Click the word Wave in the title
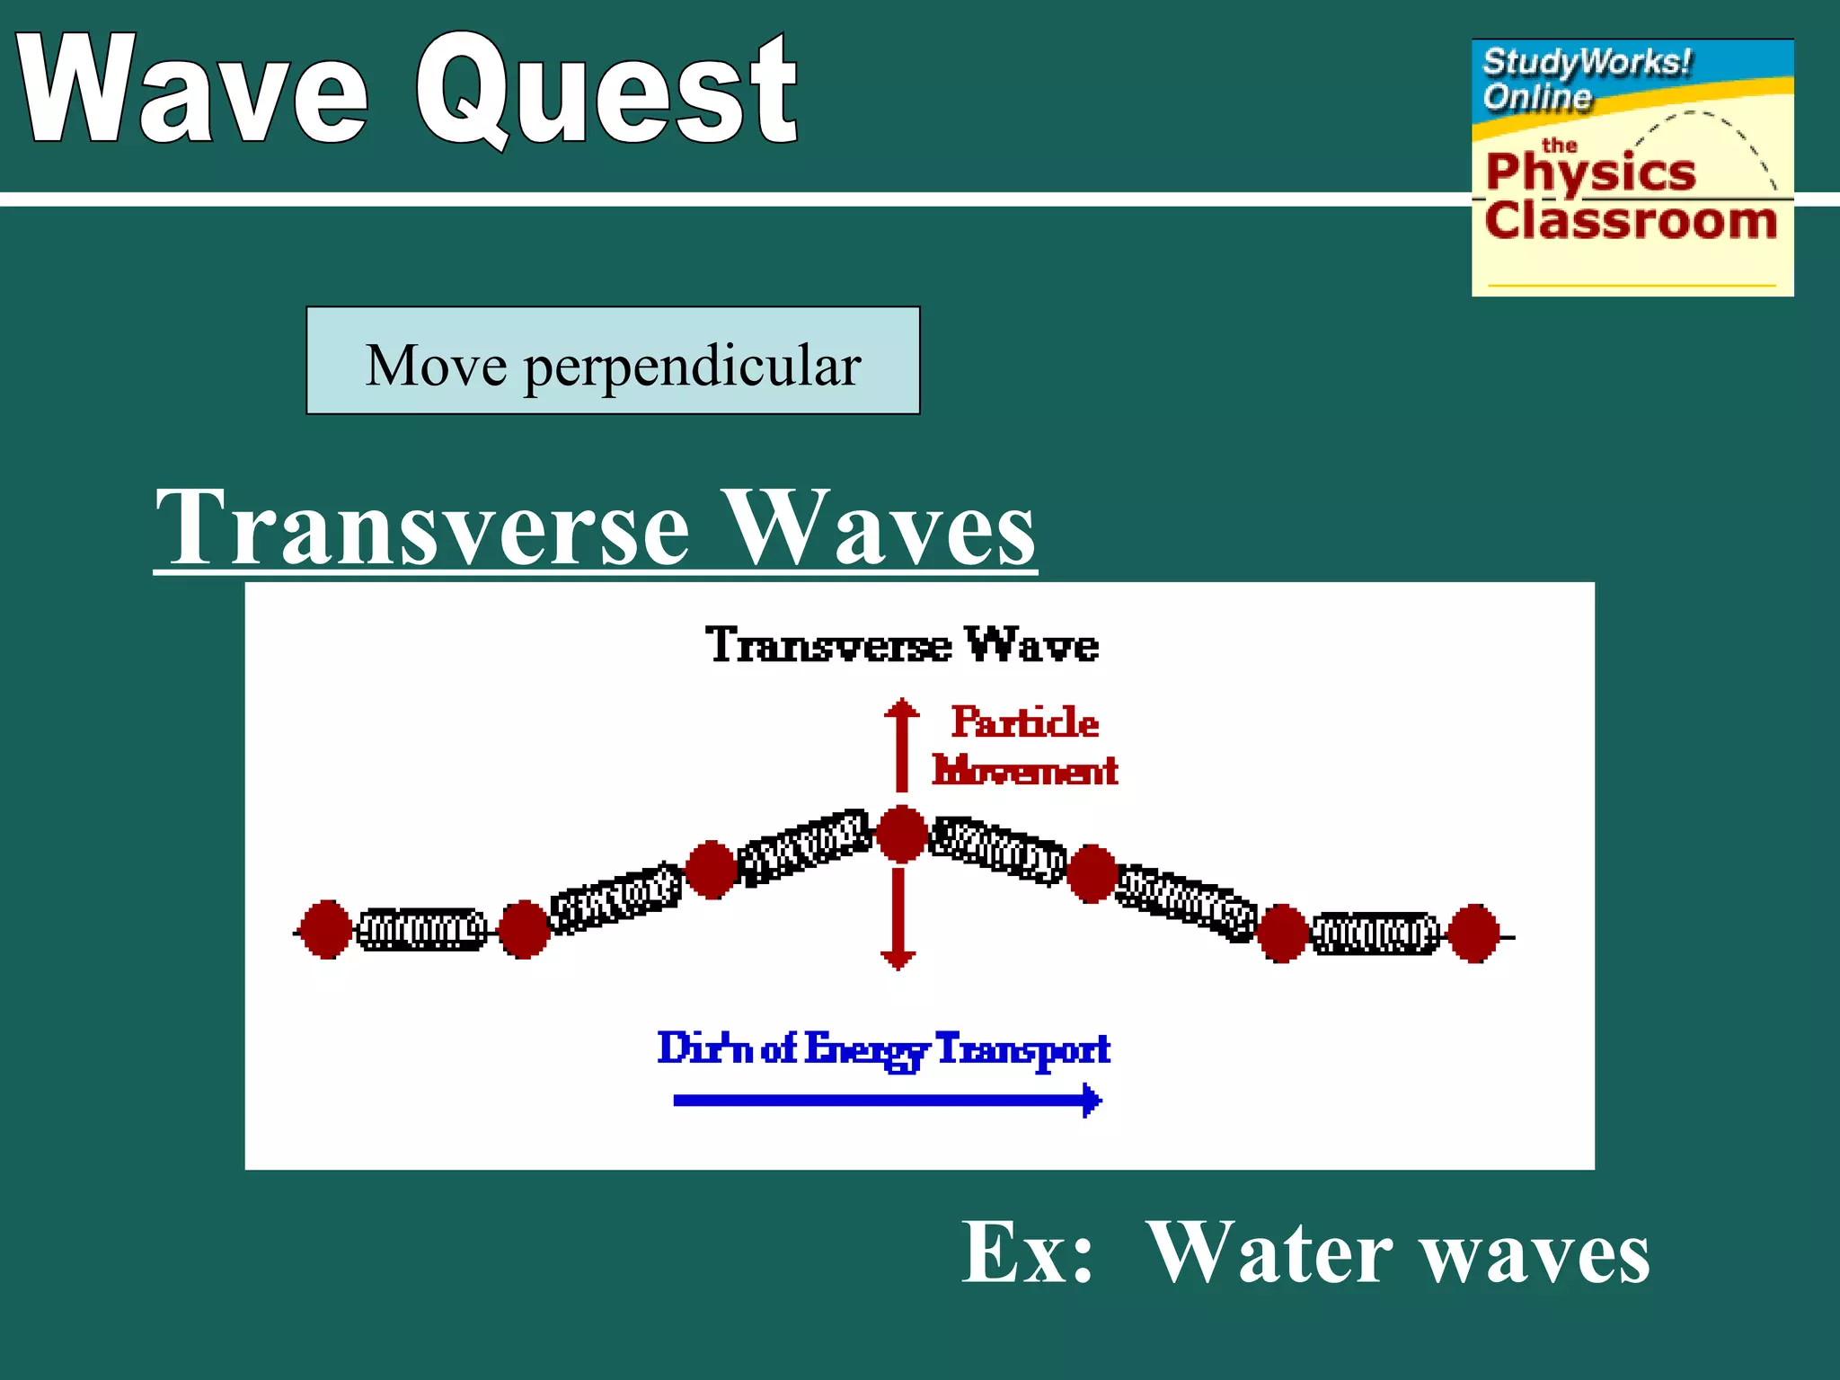pos(193,90)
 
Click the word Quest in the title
pos(606,90)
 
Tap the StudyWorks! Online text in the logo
pos(1586,79)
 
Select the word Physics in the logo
pos(1590,171)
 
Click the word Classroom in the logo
pos(1631,220)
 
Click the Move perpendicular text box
pos(613,361)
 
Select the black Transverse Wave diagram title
pos(901,644)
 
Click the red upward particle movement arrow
pos(902,746)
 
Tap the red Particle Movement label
pos(1024,747)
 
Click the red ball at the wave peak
pos(901,835)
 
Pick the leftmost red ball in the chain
pos(325,929)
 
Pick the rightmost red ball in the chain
pos(1473,933)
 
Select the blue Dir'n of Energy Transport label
pos(883,1048)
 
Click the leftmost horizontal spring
pos(421,930)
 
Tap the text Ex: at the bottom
pos(1027,1252)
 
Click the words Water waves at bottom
pos(1398,1252)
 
